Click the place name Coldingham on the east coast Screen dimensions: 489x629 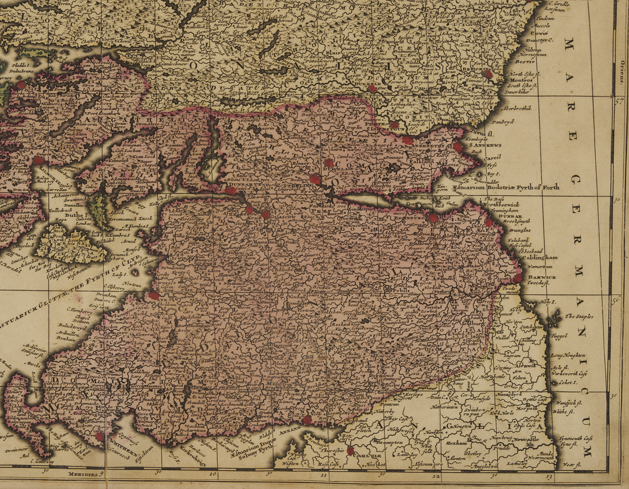click(540, 258)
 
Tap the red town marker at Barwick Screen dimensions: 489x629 click(519, 277)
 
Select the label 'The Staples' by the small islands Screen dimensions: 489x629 click(578, 317)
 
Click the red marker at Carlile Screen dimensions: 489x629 click(350, 451)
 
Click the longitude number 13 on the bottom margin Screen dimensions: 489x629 click(549, 476)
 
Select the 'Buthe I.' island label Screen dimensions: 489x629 click(79, 215)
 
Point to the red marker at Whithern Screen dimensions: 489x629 click(99, 436)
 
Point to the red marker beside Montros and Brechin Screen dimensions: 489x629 click(488, 74)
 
